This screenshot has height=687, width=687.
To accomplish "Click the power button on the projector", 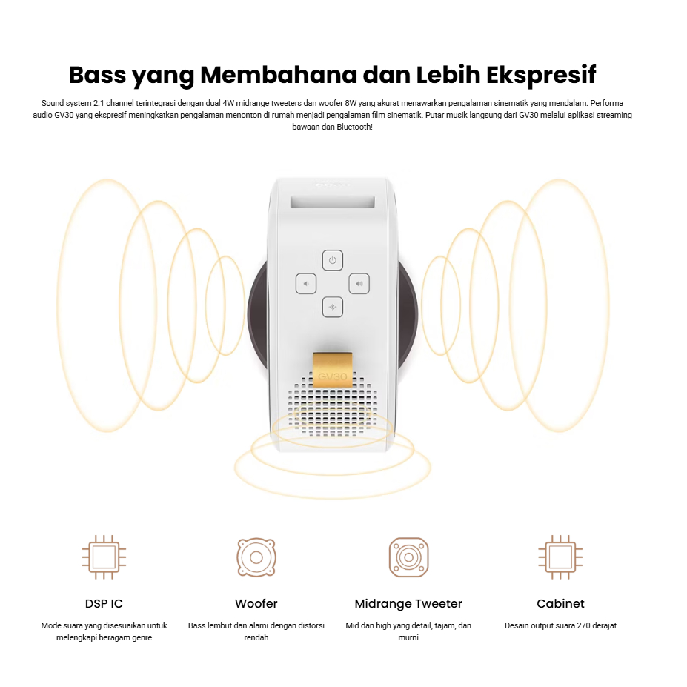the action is (333, 260).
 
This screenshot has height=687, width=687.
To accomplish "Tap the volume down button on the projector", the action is (306, 284).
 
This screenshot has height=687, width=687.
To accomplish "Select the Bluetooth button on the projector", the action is (333, 307).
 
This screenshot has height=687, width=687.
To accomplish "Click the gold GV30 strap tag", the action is (333, 371).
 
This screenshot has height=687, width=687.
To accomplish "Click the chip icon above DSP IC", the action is (104, 557).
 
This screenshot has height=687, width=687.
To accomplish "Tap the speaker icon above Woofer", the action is (256, 557).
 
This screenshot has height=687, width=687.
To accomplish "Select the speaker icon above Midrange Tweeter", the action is (409, 557).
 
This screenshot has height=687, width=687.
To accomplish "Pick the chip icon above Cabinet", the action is (560, 557).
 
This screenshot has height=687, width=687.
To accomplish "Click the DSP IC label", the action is (104, 604).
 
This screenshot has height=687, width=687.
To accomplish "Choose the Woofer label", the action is (256, 604).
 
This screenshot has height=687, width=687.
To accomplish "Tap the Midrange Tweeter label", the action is (408, 604).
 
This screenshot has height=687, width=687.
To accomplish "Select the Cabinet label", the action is (560, 604).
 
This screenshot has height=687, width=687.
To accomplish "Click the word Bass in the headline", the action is (97, 75).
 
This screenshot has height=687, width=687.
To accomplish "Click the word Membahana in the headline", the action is (279, 75).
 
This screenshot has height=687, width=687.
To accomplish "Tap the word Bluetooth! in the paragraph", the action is (354, 127).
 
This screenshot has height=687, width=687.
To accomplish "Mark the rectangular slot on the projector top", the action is (333, 202).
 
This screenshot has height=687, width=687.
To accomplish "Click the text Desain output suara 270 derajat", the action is (560, 625).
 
